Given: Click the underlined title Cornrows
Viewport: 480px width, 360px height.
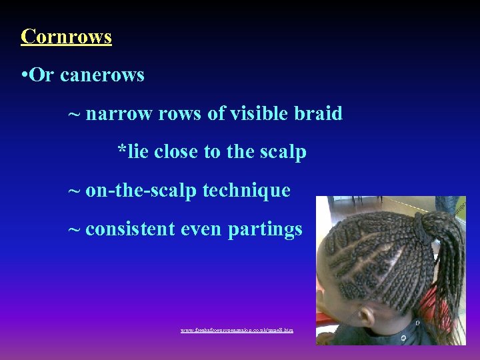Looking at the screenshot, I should coord(66,36).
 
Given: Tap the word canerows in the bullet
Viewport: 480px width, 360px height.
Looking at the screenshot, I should coord(102,75).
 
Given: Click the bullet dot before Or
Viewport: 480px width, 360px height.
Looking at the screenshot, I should coord(24,75).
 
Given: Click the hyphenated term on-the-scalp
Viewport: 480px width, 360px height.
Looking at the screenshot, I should coord(141,191).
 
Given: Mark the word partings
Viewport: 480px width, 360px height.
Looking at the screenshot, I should coord(265,230).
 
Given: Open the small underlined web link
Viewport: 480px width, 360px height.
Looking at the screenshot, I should coord(237,330).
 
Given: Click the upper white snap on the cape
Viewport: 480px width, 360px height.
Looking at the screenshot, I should coord(418,323).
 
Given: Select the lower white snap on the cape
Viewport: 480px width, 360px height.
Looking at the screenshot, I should coord(404,337).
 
